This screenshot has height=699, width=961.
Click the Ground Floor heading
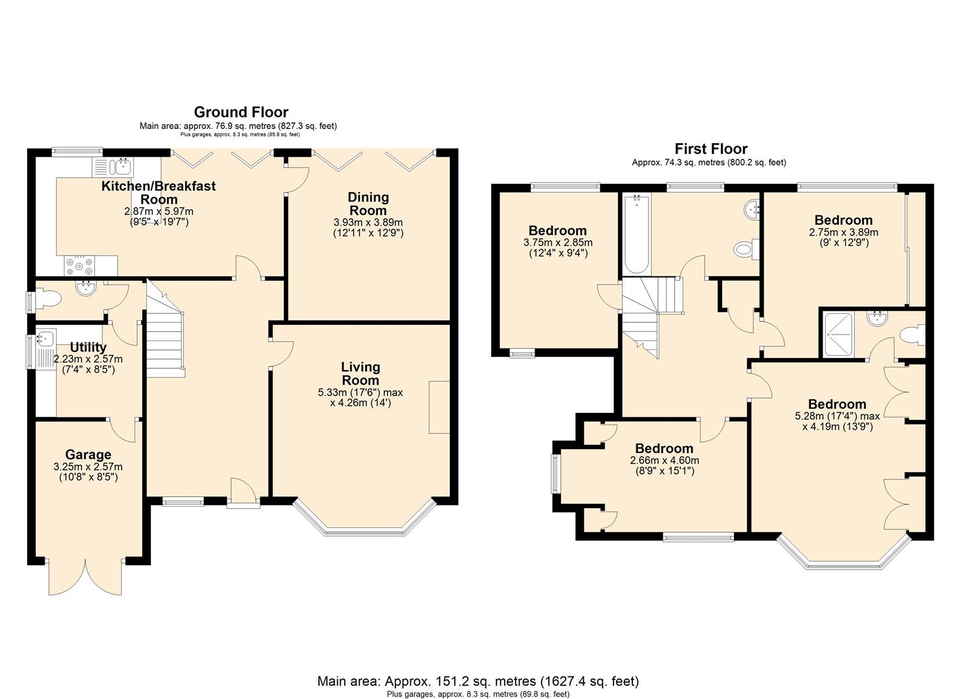(241, 112)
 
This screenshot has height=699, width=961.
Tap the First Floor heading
(711, 149)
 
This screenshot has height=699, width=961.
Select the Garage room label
(88, 454)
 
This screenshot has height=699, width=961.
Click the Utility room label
(88, 347)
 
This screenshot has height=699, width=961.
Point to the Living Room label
(360, 373)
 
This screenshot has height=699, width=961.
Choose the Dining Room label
(368, 204)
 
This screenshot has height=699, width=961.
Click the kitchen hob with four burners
(78, 266)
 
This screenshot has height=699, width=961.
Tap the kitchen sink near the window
(114, 167)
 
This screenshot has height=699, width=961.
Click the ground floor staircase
(166, 329)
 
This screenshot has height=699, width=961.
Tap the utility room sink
(46, 338)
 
